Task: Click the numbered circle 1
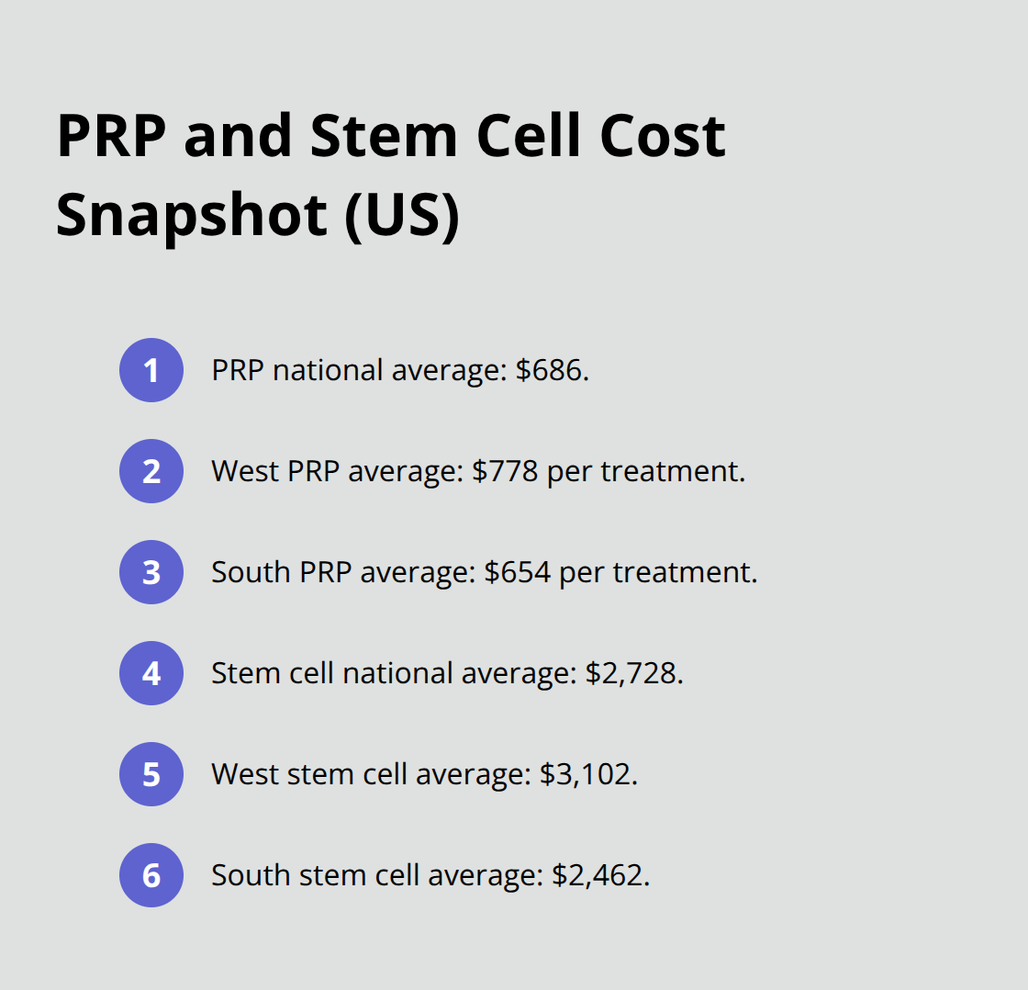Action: point(151,370)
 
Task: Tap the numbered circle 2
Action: point(151,471)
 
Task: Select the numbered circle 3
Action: point(151,572)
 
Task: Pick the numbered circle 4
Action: point(151,673)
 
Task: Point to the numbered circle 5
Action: point(151,774)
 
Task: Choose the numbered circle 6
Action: point(151,875)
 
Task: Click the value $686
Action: point(549,370)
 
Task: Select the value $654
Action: point(518,572)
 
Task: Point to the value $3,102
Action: point(585,774)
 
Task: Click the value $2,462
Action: point(598,875)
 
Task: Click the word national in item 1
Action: point(328,370)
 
